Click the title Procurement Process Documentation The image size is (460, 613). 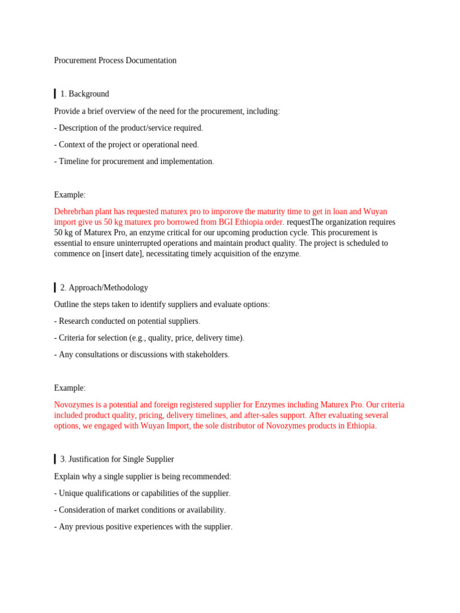click(x=115, y=60)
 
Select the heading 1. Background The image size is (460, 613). click(x=84, y=94)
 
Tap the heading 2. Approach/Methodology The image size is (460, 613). click(x=104, y=288)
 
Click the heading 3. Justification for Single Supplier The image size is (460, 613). click(x=117, y=459)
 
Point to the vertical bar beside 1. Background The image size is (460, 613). click(x=55, y=94)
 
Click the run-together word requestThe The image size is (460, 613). click(x=307, y=222)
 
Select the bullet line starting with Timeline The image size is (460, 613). click(x=134, y=162)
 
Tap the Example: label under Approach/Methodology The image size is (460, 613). click(x=69, y=388)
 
